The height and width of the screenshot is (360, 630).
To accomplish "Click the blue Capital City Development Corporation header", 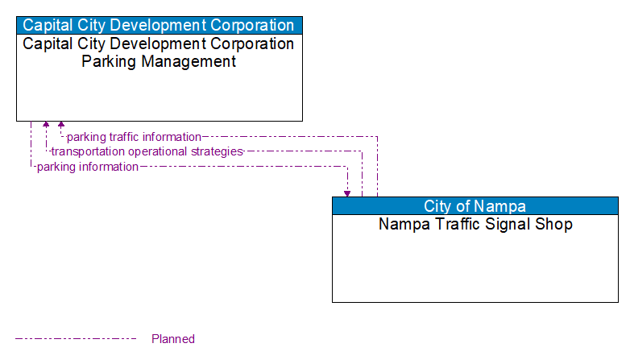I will [x=159, y=25].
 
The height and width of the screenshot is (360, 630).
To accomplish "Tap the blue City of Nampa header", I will [x=475, y=206].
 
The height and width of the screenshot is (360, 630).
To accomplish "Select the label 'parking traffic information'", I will [x=134, y=137].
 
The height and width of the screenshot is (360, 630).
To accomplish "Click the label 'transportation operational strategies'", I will [x=147, y=151].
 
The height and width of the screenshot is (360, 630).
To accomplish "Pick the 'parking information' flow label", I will [x=88, y=167].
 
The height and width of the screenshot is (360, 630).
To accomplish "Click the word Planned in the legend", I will [x=173, y=339].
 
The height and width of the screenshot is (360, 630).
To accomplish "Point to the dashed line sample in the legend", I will [x=76, y=339].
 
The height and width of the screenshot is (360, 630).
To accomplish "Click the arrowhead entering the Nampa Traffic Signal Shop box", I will [x=347, y=193].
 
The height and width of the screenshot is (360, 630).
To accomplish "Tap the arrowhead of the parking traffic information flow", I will [x=61, y=126].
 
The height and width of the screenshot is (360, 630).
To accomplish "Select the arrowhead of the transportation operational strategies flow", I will [x=46, y=126].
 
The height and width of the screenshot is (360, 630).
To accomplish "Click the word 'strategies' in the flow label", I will [x=217, y=151].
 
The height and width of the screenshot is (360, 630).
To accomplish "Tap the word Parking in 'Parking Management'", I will [x=107, y=62].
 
